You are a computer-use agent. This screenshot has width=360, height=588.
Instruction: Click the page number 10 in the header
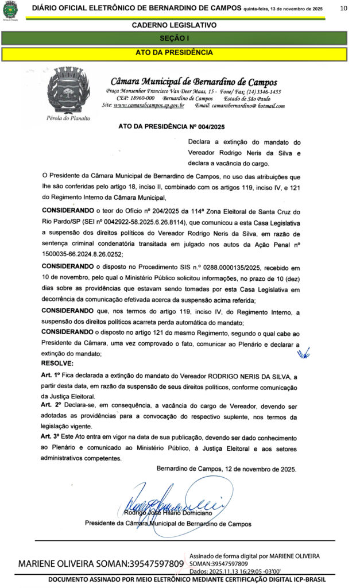point(343,8)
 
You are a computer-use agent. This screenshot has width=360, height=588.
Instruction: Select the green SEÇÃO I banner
point(174,38)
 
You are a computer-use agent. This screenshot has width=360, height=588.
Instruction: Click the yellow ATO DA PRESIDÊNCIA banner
point(174,53)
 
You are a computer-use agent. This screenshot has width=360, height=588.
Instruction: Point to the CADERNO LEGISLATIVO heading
point(174,25)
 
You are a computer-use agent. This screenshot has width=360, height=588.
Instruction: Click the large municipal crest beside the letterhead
point(68,91)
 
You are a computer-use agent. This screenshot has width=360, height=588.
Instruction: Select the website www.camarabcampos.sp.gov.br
point(149,106)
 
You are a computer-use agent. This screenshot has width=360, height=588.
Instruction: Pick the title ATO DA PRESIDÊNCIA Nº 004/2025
point(171,126)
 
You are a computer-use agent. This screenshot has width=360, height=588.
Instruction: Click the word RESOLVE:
point(57,363)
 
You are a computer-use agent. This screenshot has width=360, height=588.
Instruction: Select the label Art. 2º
point(52,405)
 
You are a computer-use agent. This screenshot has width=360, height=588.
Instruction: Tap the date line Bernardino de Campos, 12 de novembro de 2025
point(227,469)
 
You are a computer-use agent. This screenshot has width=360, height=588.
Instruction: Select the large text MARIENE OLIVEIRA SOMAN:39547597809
point(101,564)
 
